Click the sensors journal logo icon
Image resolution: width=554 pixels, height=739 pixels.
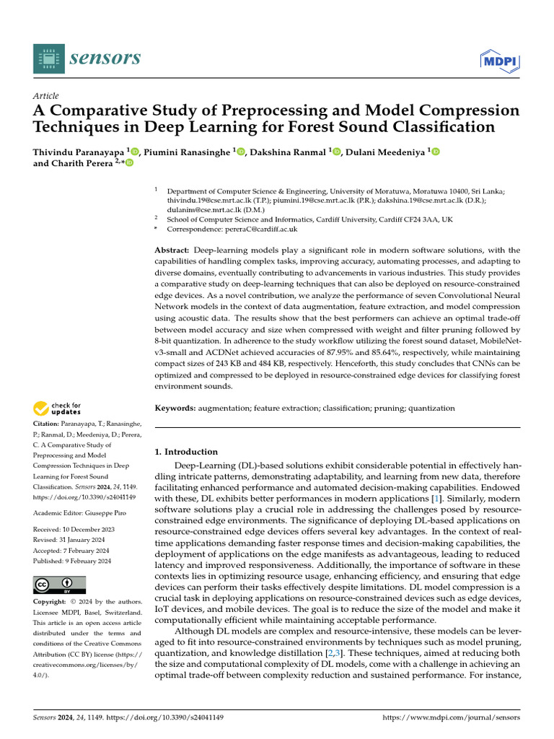(48, 58)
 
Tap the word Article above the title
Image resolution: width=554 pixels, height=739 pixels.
(46, 96)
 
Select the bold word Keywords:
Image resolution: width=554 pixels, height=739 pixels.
(175, 408)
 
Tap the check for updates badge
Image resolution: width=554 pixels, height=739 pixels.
(58, 409)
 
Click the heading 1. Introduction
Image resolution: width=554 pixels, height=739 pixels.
(187, 452)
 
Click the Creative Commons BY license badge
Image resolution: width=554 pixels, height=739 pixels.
(60, 585)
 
